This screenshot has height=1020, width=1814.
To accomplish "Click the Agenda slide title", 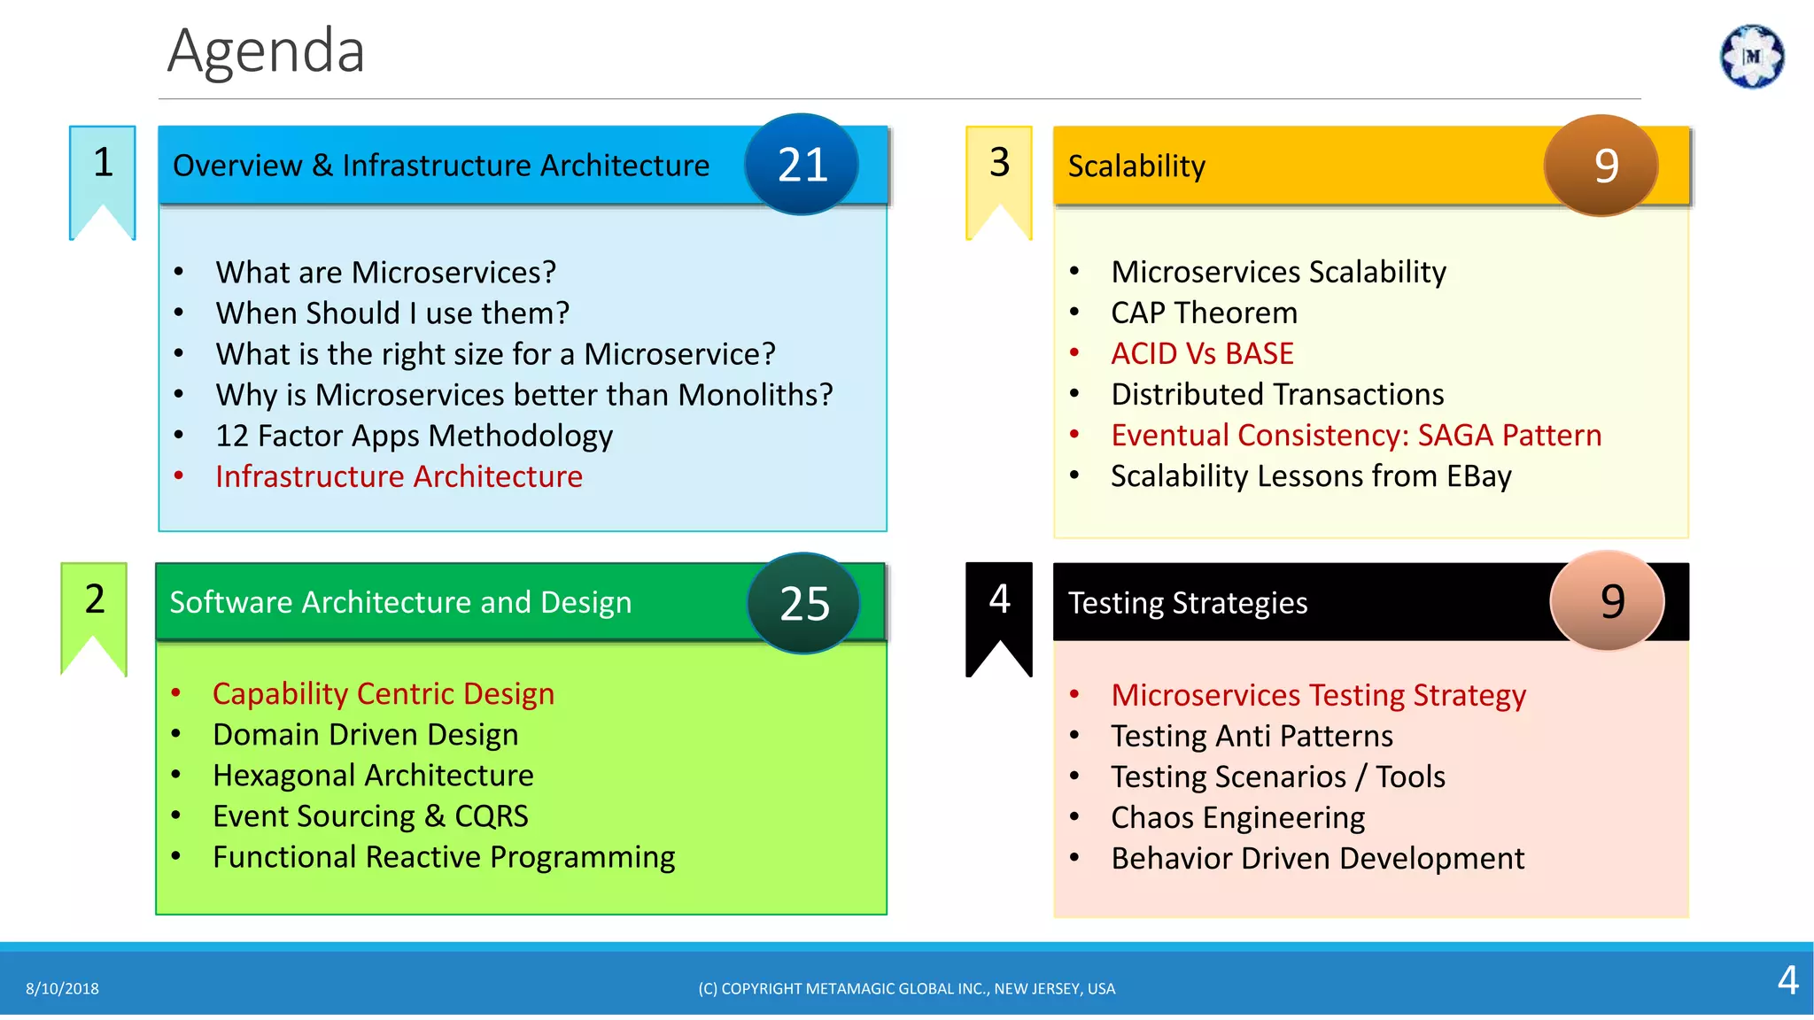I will (266, 51).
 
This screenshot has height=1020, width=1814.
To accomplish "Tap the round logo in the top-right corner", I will (1751, 57).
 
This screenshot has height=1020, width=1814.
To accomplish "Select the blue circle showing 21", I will (802, 165).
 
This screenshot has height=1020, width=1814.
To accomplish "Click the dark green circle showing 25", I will (803, 604).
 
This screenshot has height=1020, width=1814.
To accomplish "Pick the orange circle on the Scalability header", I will (1601, 166).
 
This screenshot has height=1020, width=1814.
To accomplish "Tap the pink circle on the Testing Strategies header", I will (1607, 601).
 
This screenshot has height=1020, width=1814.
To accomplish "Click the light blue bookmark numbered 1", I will (103, 173).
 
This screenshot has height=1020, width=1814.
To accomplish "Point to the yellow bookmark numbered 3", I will (999, 173).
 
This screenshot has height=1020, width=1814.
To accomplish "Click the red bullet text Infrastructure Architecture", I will (399, 476).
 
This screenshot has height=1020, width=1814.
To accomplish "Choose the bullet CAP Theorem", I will (1204, 313).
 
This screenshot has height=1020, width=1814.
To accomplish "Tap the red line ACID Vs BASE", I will (1202, 353).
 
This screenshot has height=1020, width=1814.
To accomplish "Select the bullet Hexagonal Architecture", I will (373, 775).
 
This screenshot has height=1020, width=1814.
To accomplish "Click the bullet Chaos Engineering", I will (1237, 817).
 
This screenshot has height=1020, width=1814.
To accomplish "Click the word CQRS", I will (491, 815).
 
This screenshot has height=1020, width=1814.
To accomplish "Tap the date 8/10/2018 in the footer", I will (62, 988).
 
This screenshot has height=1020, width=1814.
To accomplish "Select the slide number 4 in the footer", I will (1787, 980).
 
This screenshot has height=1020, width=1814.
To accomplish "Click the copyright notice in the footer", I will (906, 988).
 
